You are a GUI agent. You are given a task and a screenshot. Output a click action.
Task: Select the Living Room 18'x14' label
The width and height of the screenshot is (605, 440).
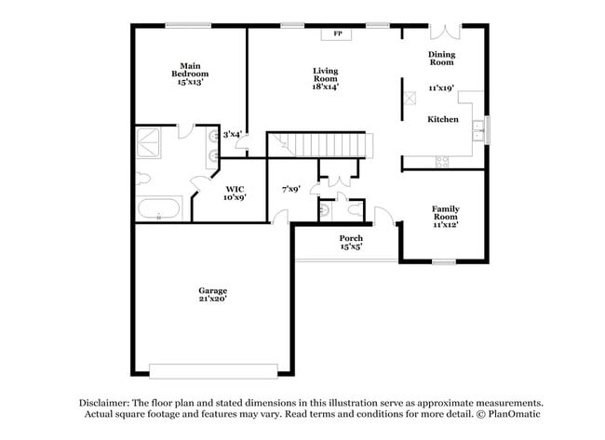[x=325, y=78]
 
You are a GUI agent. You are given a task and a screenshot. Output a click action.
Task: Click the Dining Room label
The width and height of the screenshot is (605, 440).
[x=440, y=59]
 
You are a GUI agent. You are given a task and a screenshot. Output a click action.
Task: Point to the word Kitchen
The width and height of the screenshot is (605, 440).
[x=442, y=120]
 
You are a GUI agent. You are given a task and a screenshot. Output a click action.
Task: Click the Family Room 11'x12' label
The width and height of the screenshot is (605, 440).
[x=445, y=216]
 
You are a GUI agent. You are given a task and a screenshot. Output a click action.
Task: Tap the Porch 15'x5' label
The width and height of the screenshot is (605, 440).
[x=350, y=243]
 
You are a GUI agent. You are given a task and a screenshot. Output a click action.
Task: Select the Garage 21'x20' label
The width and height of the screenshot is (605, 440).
[x=212, y=294]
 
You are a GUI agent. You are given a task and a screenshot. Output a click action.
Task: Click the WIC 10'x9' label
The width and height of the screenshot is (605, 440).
[x=235, y=193]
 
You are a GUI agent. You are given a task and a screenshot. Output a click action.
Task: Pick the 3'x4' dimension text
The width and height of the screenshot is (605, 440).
[x=232, y=134]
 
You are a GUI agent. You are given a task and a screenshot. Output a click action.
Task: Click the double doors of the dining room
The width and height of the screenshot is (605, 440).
[x=445, y=32]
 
